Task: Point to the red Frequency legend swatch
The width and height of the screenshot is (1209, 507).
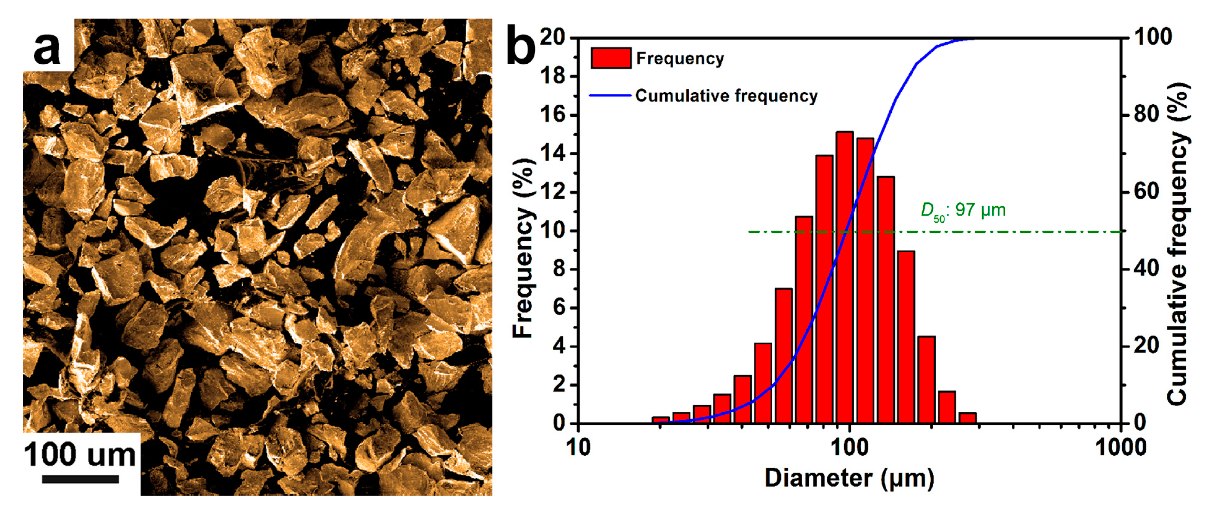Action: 611,58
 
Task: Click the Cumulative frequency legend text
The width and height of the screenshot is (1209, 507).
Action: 726,95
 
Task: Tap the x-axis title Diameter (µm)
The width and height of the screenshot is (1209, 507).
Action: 849,478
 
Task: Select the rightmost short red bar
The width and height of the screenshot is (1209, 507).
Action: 967,418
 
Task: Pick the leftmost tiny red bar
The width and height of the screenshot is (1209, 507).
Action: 660,420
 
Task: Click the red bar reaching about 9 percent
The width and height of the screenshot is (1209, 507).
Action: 906,337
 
